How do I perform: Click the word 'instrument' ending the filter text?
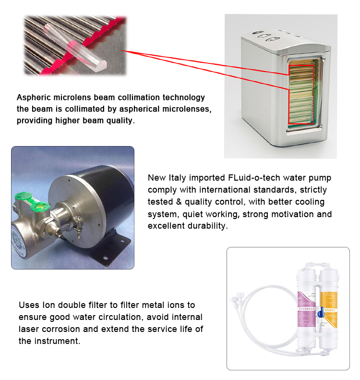[57, 341]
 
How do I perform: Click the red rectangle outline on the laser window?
[301, 94]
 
